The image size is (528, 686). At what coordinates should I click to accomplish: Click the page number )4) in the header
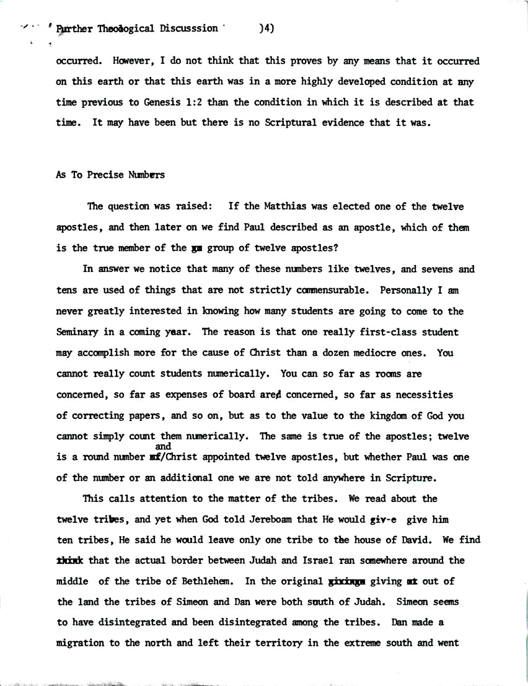point(267,28)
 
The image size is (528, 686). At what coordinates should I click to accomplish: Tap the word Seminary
point(78,332)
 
